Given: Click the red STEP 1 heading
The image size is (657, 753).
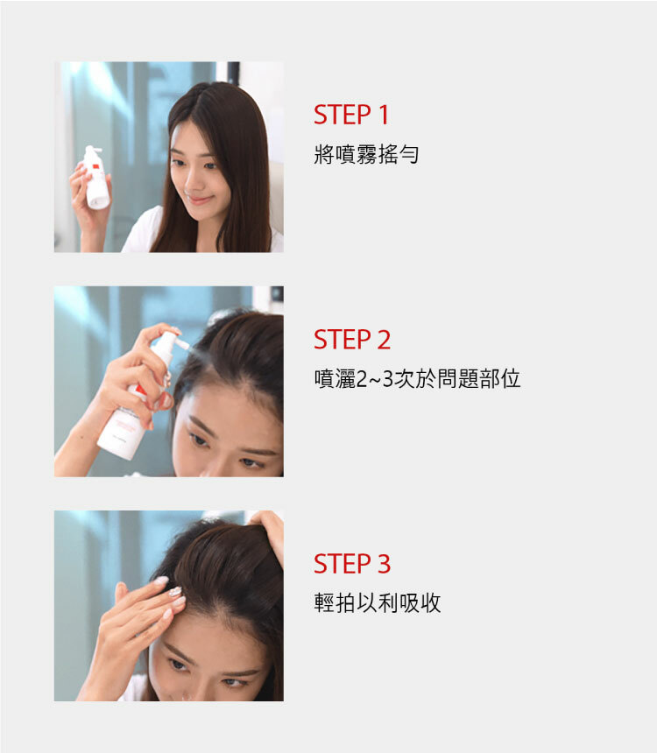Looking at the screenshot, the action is point(351,116).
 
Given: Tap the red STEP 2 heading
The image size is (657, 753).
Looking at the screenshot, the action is point(352,340).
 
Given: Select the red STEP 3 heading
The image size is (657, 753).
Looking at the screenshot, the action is point(352,564).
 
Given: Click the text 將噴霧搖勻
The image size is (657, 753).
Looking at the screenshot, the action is point(366,154).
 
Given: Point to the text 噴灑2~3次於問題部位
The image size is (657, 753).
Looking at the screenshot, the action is point(417,378).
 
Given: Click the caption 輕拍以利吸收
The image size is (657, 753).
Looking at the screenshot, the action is point(378,602).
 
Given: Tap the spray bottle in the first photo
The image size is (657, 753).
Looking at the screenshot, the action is point(96,179).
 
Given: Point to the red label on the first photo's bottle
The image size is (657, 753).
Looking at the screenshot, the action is point(95,166).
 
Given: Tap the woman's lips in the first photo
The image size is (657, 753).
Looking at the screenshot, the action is point(197,199).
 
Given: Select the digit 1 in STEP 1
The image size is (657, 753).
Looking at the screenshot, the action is point(383,116).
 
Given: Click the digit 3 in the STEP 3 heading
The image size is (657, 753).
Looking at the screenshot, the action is point(384,564).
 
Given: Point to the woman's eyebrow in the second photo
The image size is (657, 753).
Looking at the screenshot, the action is point(201,425).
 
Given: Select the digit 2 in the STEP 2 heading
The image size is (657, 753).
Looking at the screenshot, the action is point(384,340).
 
